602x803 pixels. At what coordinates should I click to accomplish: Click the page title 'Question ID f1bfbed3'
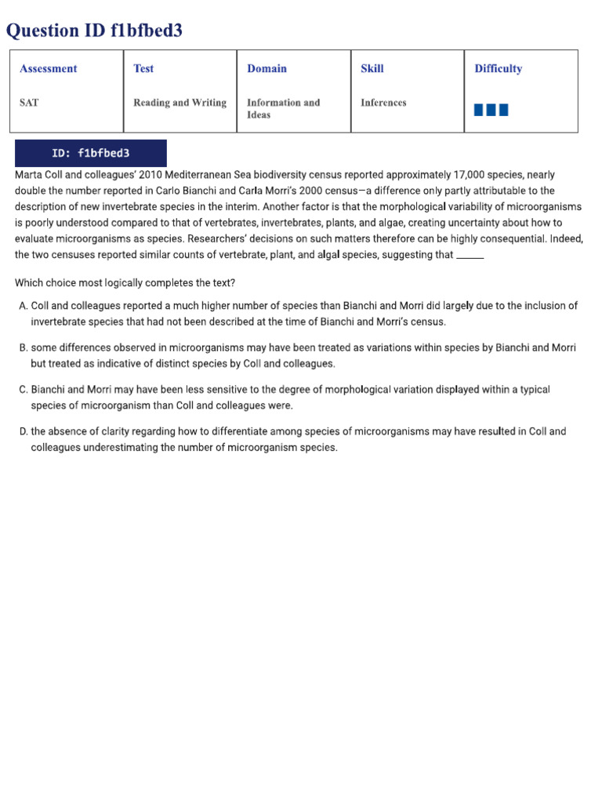[x=95, y=31]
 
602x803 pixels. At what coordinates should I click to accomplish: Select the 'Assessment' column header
[x=49, y=69]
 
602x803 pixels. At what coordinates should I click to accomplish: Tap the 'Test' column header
[x=143, y=69]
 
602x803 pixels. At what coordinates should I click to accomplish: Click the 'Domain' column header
[x=267, y=69]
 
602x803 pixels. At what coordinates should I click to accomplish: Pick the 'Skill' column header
[x=372, y=69]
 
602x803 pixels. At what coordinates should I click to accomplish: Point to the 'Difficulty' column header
[x=498, y=69]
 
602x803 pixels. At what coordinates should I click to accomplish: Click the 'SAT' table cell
[x=29, y=103]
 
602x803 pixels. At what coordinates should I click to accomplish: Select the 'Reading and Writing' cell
[x=180, y=103]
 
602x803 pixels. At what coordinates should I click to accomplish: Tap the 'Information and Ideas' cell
[x=283, y=108]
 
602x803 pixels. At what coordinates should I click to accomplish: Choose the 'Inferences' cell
[x=383, y=103]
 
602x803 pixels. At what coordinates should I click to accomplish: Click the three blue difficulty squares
[x=491, y=110]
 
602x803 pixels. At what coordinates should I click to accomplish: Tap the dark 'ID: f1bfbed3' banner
[x=90, y=153]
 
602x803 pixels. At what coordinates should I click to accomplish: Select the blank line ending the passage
[x=470, y=256]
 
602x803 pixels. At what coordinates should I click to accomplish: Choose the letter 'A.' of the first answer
[x=23, y=306]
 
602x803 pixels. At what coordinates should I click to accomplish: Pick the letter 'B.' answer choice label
[x=23, y=348]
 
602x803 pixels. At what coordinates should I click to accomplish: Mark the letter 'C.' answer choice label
[x=23, y=390]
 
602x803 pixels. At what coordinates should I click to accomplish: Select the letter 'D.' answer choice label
[x=23, y=432]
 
